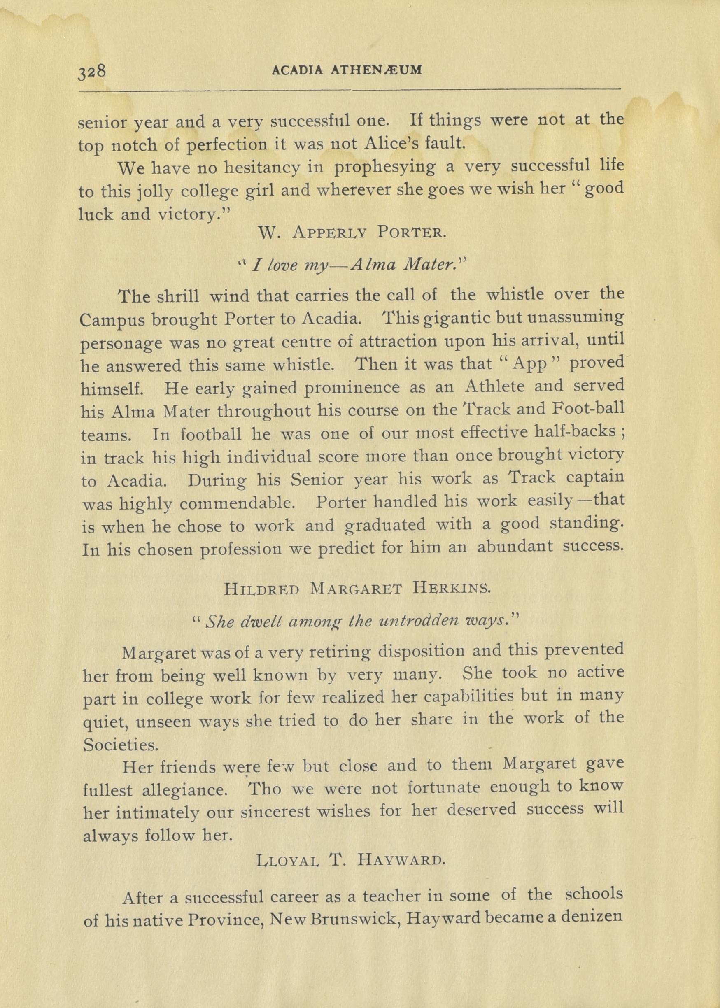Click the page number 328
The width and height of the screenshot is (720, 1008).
click(x=92, y=71)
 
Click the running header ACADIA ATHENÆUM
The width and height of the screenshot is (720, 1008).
click(x=346, y=70)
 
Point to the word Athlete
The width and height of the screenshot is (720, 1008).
click(x=494, y=386)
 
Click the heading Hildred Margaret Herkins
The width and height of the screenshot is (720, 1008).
click(x=357, y=589)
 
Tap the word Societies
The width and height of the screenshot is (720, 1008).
click(x=120, y=744)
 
